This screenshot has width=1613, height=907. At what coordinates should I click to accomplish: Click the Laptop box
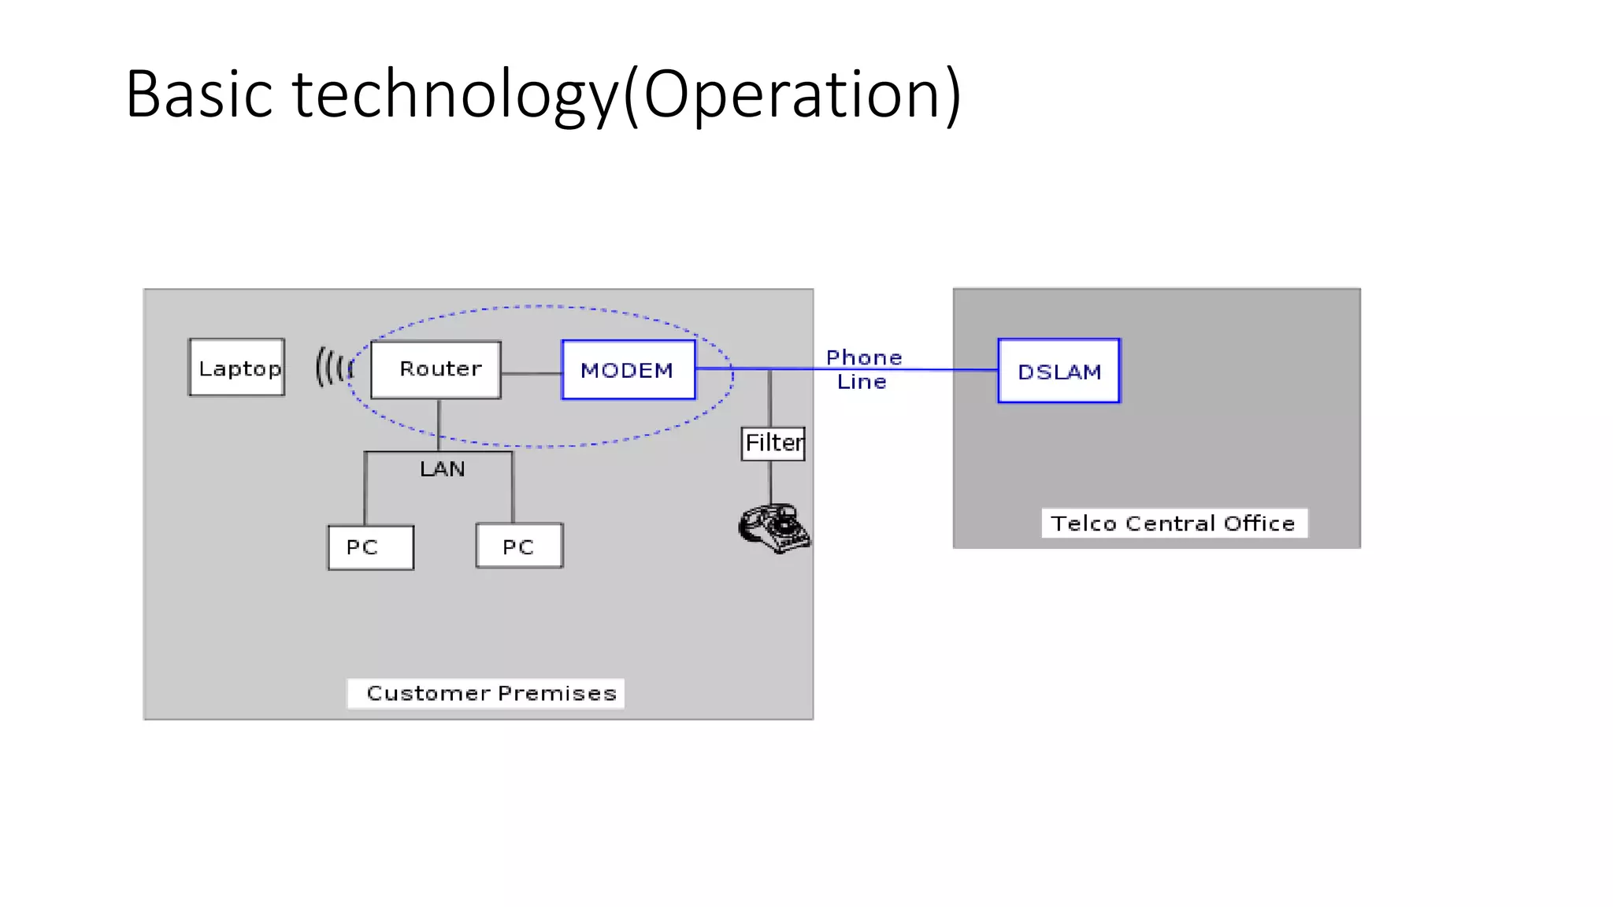[236, 368]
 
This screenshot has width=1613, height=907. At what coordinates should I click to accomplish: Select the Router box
[436, 369]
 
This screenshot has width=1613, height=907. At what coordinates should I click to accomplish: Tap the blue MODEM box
[628, 370]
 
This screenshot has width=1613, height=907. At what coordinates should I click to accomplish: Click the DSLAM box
[1059, 371]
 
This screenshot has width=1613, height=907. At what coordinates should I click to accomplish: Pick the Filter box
[773, 443]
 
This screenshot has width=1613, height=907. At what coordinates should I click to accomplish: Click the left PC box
[370, 547]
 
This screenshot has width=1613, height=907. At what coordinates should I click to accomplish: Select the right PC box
[519, 546]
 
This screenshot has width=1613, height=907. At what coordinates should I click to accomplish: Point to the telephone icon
[773, 528]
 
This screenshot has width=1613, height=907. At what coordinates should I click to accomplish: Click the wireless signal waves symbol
[333, 368]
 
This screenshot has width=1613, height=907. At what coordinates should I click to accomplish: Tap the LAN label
[442, 469]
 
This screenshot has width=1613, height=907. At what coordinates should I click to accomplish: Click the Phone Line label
[863, 369]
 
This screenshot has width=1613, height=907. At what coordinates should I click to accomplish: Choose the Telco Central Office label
[1174, 524]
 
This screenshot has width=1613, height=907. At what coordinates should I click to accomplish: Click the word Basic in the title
[198, 94]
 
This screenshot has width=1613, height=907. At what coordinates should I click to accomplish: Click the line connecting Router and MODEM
[531, 373]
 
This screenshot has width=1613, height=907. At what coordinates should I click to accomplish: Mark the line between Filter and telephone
[770, 482]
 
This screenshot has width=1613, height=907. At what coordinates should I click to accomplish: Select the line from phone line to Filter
[769, 398]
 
